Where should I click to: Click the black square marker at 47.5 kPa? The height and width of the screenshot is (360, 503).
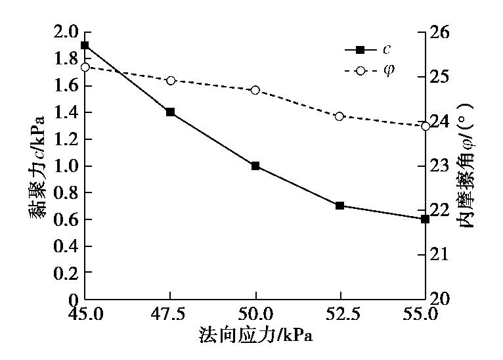(x=170, y=112)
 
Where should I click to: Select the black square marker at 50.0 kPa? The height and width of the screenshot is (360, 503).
(x=255, y=166)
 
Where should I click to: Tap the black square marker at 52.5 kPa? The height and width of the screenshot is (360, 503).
(x=339, y=206)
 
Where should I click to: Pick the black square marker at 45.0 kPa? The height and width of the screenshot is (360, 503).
(x=85, y=45)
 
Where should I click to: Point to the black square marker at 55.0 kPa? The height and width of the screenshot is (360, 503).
(x=425, y=219)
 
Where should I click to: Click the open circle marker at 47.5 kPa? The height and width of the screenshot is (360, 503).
(x=170, y=80)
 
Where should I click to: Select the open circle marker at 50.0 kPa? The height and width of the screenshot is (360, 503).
(x=255, y=90)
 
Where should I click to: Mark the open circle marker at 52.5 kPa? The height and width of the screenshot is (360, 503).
(x=339, y=116)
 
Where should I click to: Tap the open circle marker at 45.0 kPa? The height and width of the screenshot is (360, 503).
(x=85, y=67)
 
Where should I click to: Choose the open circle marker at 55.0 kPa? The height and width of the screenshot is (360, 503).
(x=425, y=126)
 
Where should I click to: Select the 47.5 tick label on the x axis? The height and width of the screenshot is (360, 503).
(x=170, y=314)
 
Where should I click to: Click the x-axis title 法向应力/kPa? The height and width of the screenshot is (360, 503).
(x=255, y=336)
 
